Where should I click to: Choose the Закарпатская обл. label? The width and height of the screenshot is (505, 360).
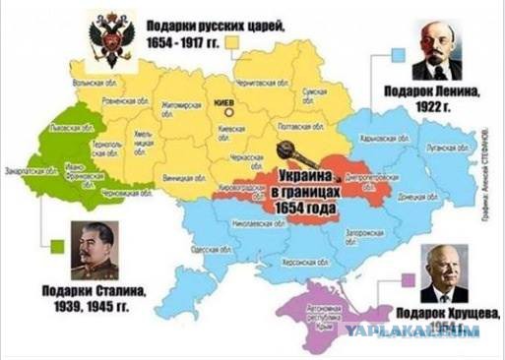[47, 168]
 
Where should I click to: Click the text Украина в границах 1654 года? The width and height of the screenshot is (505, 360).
[303, 189]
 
